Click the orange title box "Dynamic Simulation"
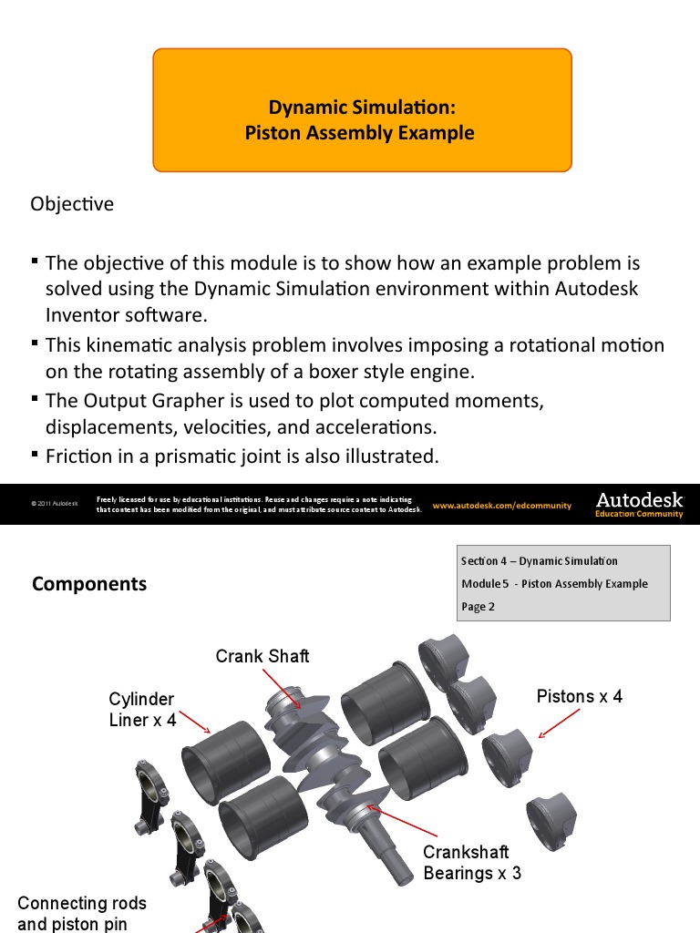click(x=362, y=110)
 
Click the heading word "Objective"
click(x=72, y=204)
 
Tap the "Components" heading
click(x=89, y=584)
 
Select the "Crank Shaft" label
click(x=262, y=656)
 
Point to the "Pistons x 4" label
click(x=580, y=696)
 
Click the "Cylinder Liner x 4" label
click(x=141, y=710)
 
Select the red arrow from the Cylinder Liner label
click(x=196, y=722)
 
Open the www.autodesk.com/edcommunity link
click(x=501, y=506)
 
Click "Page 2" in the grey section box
click(x=479, y=607)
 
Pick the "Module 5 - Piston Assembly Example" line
click(x=555, y=584)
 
